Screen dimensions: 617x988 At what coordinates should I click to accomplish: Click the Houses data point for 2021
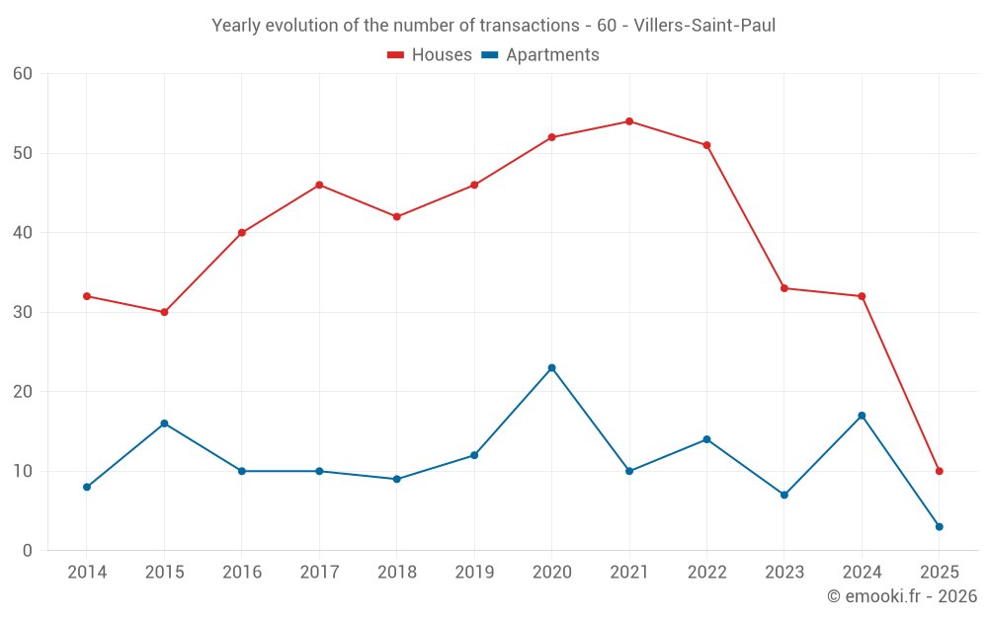tap(629, 121)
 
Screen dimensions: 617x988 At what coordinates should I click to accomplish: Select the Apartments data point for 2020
tap(551, 368)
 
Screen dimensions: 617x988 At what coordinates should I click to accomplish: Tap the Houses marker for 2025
tap(939, 471)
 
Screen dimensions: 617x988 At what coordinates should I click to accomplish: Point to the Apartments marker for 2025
tap(939, 526)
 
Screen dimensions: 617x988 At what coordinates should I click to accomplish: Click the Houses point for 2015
tap(164, 312)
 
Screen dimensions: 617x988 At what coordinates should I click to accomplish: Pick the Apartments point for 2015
tap(164, 424)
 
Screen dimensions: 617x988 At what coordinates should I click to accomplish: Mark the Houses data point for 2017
tap(319, 185)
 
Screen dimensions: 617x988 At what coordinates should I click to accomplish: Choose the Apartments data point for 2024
tap(862, 416)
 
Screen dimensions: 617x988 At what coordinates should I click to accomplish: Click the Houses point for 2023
tap(784, 288)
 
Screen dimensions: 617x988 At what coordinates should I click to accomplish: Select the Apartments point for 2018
tap(396, 479)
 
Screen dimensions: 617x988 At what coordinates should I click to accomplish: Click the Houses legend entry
tap(430, 55)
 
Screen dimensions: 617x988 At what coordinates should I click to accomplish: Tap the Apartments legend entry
tap(540, 55)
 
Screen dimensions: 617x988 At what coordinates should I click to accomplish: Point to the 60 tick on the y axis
tap(23, 74)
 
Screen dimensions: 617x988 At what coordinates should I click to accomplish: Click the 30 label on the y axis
tap(23, 312)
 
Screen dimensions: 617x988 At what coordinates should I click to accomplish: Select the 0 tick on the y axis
tap(28, 551)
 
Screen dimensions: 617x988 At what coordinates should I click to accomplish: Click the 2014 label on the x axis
tap(87, 573)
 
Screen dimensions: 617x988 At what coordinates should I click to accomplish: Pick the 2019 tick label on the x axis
tap(474, 573)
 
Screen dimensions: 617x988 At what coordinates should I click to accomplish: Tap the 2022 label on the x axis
tap(706, 573)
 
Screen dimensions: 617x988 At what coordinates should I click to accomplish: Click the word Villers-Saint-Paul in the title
tap(704, 26)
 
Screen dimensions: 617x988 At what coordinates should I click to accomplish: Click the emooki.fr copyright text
tap(902, 596)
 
